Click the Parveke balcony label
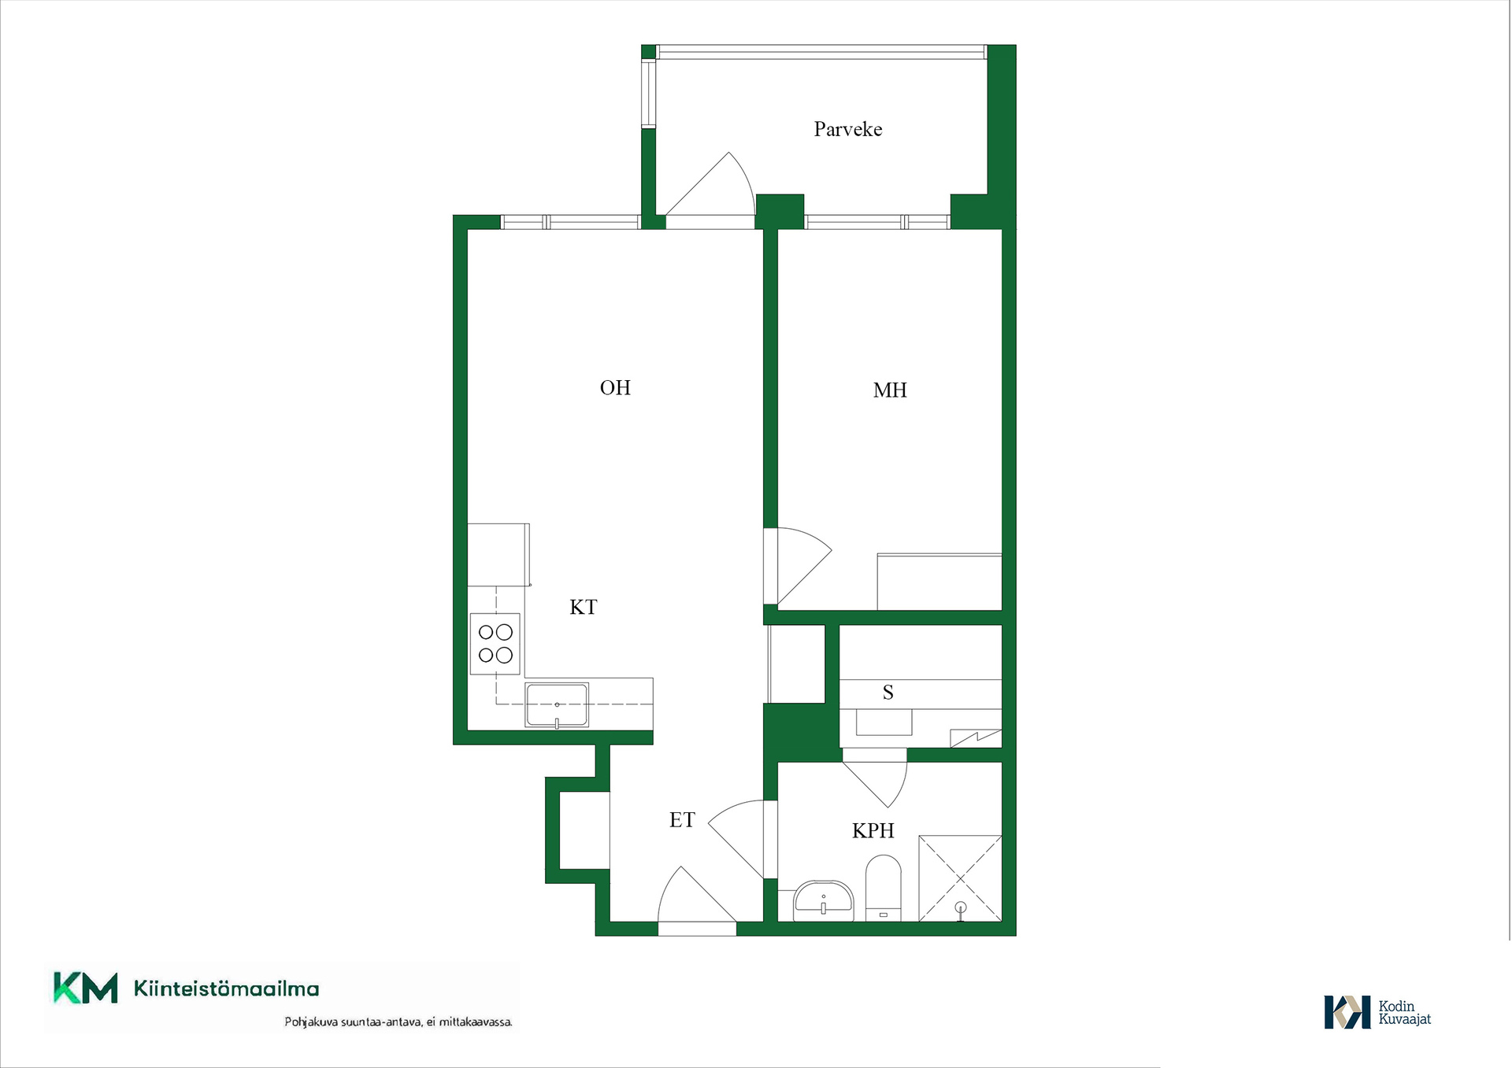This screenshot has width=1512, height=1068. [x=847, y=129]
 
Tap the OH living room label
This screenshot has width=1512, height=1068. [x=615, y=387]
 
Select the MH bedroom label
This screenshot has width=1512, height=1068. [x=890, y=390]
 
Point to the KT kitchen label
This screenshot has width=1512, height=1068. [x=584, y=607]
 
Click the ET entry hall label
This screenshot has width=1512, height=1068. [x=682, y=820]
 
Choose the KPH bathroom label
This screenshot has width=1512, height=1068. [x=873, y=830]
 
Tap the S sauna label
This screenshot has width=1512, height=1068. [x=888, y=693]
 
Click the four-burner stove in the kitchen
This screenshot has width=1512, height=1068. [x=495, y=644]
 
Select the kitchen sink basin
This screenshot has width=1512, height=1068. [x=557, y=704]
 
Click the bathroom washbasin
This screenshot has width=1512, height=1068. [x=823, y=900]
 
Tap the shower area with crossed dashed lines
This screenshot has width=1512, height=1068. [x=960, y=878]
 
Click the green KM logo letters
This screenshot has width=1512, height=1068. [x=85, y=989]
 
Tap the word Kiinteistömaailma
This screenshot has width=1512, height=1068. [x=226, y=989]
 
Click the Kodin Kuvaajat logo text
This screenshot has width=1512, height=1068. [x=1404, y=1012]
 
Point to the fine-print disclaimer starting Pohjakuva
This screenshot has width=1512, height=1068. [x=398, y=1022]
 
